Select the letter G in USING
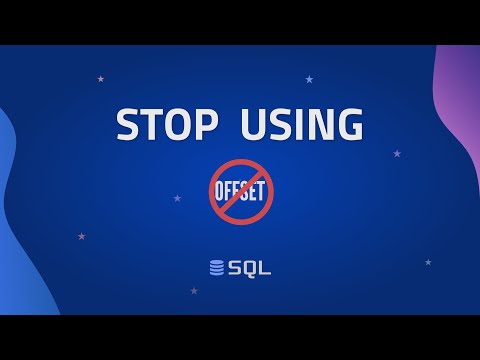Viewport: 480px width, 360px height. pyautogui.click(x=347, y=125)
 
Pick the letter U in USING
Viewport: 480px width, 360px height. pyautogui.click(x=252, y=125)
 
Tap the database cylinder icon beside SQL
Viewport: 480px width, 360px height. pyautogui.click(x=217, y=268)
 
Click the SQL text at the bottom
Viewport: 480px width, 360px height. pyautogui.click(x=249, y=268)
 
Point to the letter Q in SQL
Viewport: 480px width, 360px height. pyautogui.click(x=249, y=268)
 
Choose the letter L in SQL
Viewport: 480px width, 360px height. pyautogui.click(x=265, y=268)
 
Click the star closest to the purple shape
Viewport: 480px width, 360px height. pyautogui.click(x=397, y=153)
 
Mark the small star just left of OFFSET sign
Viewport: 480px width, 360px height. pyautogui.click(x=177, y=198)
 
